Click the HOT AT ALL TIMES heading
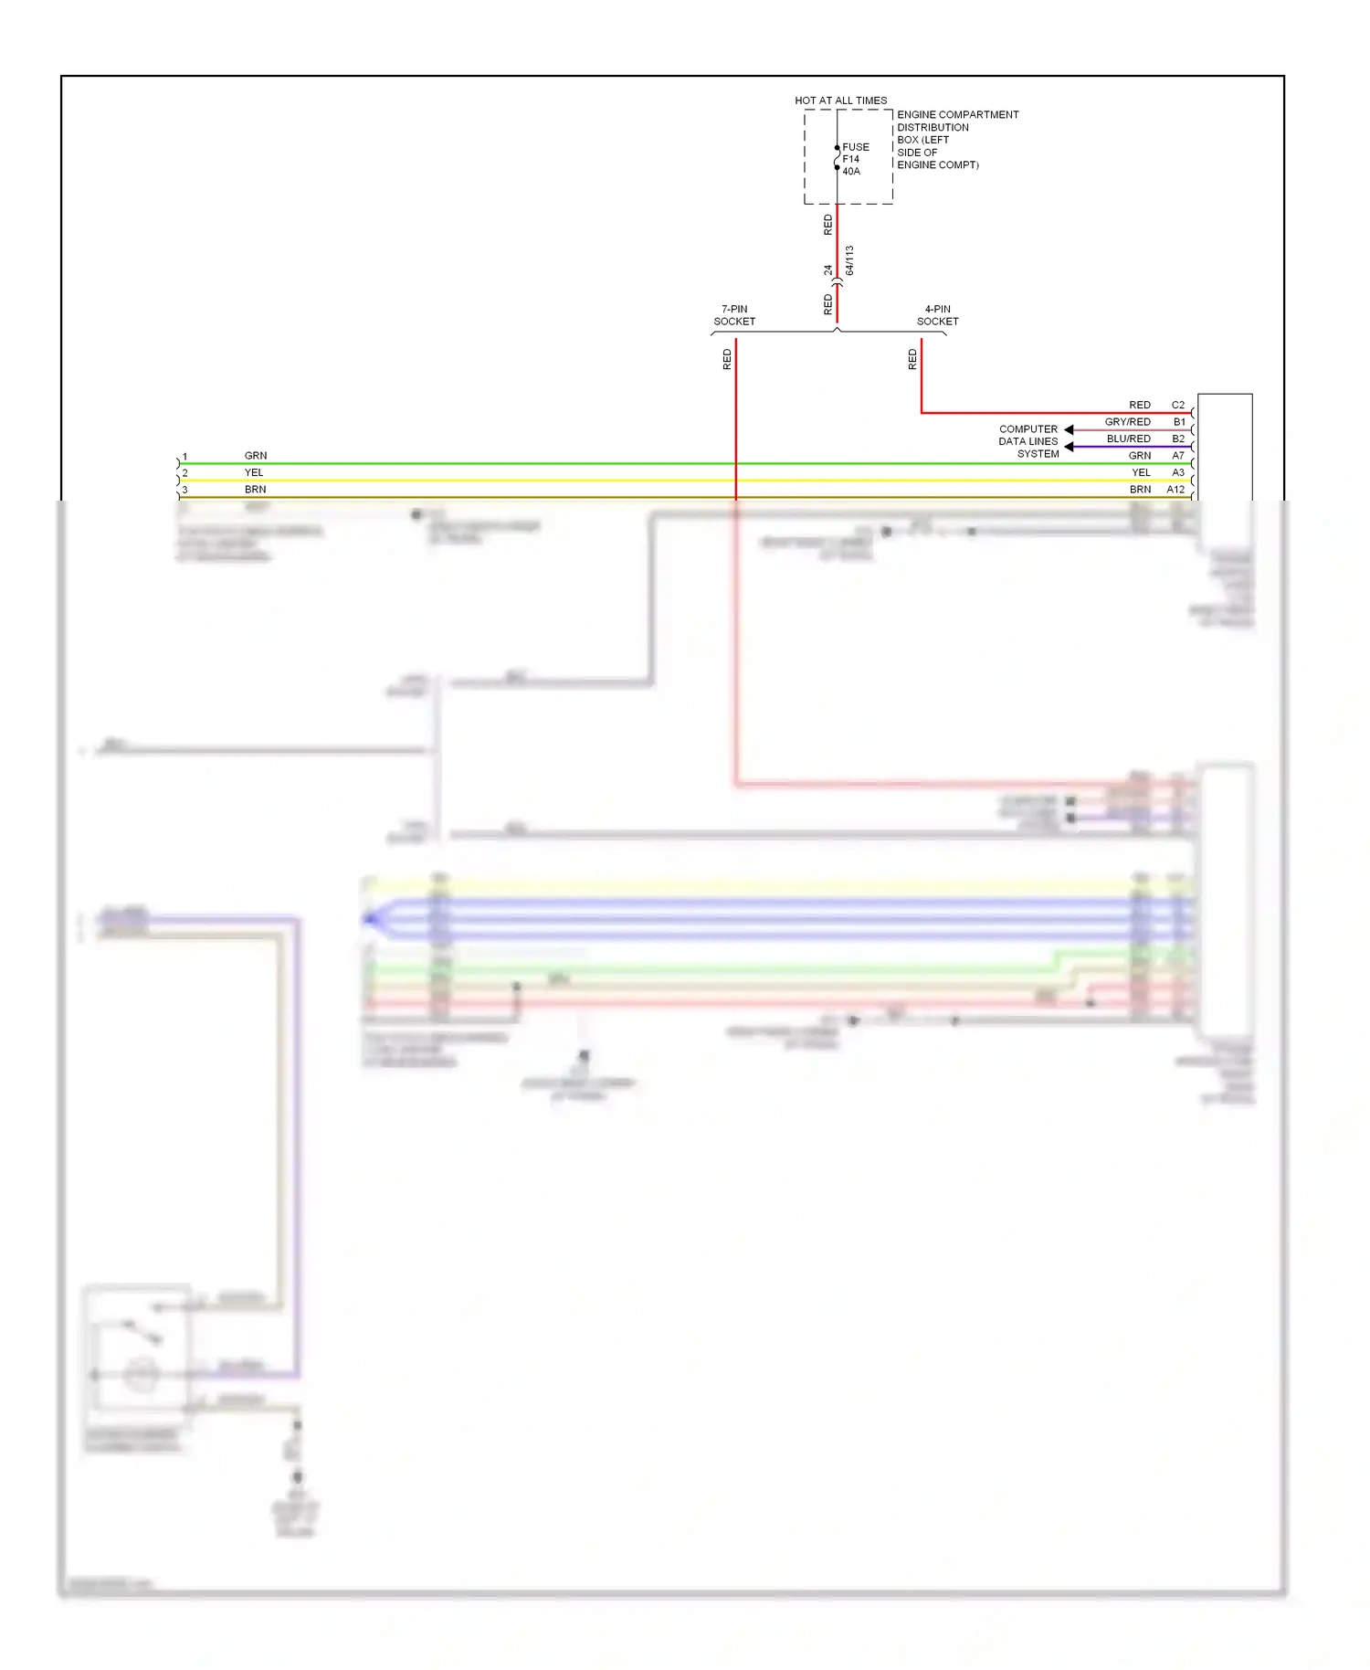[x=840, y=100]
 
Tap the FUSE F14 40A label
[x=855, y=159]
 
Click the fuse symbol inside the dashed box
[x=837, y=158]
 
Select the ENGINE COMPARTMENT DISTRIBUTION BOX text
[x=956, y=140]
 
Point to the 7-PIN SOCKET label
[x=734, y=315]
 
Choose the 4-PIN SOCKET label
[x=937, y=315]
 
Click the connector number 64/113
[x=849, y=260]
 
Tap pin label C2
[x=1177, y=405]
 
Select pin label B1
[x=1178, y=422]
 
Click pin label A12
[x=1175, y=490]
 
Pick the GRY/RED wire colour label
[x=1127, y=422]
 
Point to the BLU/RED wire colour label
[x=1128, y=439]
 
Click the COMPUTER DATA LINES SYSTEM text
[x=1028, y=441]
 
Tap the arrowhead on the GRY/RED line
[x=1069, y=429]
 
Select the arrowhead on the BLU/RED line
[x=1069, y=447]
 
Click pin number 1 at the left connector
[x=185, y=457]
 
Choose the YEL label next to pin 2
[x=254, y=472]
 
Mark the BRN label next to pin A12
[x=1140, y=490]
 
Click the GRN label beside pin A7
[x=1140, y=456]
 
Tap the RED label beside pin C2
[x=1140, y=405]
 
